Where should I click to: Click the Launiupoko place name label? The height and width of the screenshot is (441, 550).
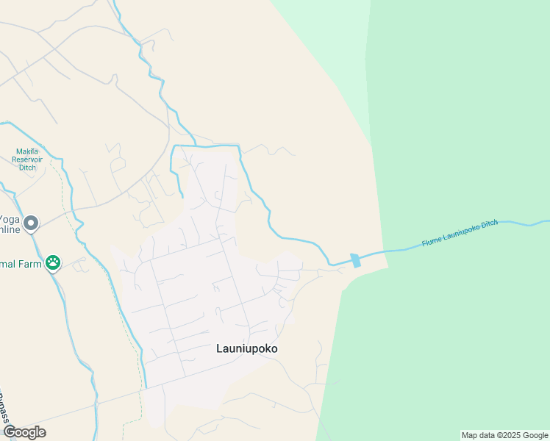click(x=247, y=348)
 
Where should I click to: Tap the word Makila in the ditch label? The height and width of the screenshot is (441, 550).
click(x=27, y=151)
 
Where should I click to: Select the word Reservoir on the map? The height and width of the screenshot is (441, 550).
click(x=27, y=159)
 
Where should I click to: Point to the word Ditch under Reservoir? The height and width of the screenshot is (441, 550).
click(x=27, y=168)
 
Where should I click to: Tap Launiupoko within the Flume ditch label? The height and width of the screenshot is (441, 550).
click(x=460, y=232)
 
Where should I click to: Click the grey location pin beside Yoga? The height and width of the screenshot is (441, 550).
click(x=31, y=223)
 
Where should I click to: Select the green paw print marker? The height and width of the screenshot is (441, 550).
click(x=53, y=262)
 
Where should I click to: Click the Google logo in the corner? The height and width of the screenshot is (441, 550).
click(x=24, y=431)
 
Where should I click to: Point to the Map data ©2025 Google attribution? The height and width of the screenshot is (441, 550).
click(x=505, y=435)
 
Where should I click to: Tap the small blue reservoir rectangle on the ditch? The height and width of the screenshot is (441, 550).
click(x=356, y=260)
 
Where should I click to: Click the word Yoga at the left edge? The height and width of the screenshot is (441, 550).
click(x=9, y=219)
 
